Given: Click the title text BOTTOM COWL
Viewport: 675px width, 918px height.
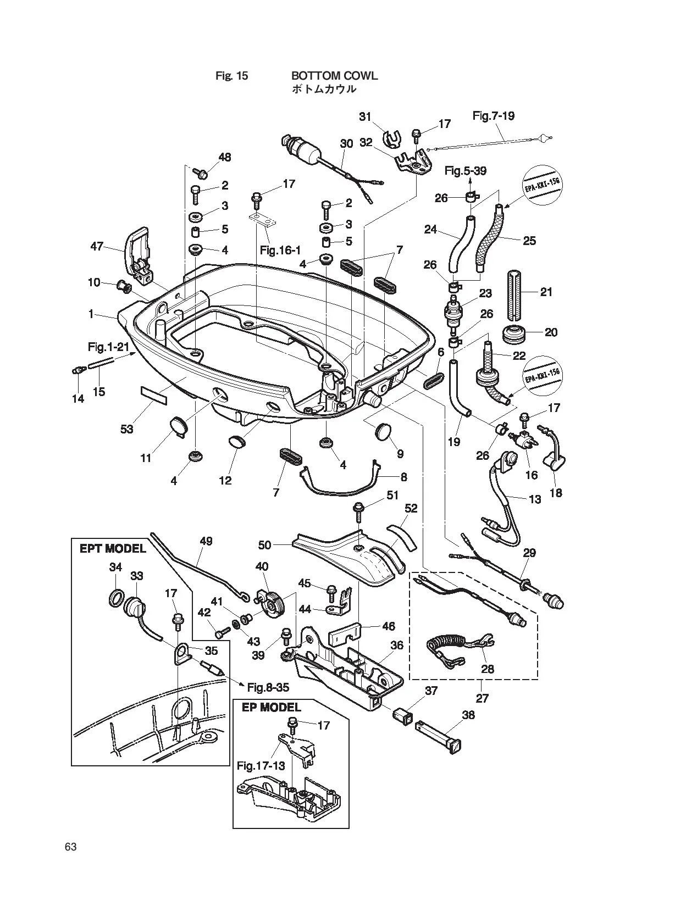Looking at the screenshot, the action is pos(334,76).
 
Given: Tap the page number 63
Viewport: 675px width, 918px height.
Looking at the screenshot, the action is pos(70,847).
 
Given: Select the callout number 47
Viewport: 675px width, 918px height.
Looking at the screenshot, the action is pos(97,247).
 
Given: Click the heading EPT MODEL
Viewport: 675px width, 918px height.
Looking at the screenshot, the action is pos(112,549).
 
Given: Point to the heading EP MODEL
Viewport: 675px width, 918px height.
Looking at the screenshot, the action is pos(271,708).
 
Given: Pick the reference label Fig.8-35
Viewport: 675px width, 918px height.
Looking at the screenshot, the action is pos(268,687).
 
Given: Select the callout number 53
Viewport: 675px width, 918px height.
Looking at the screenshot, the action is pos(127,429).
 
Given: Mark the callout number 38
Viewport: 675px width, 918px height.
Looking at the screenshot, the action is pos(468,715).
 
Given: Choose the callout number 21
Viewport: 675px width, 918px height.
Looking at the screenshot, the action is pos(546,292).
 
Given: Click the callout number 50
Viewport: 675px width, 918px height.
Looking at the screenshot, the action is pos(265,545).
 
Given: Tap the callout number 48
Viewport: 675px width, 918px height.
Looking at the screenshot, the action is pos(224,157).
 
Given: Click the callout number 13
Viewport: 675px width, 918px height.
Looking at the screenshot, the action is pos(535,499).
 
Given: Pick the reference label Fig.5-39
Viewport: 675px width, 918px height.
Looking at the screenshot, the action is pos(466,170).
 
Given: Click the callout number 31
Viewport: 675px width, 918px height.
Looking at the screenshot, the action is pos(365,117).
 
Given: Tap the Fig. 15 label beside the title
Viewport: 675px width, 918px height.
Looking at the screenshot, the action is pos(232,76).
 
